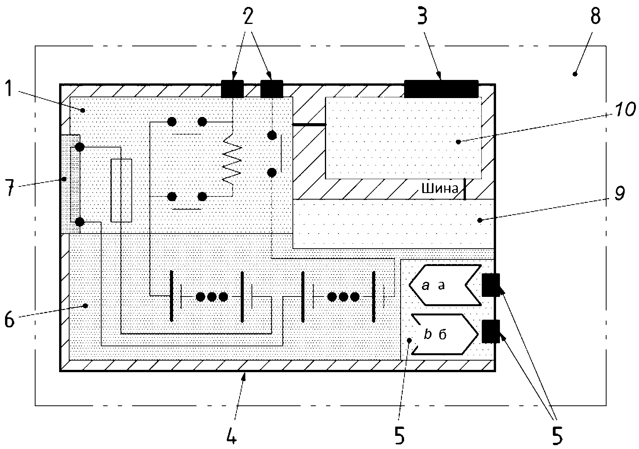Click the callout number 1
click(x=9, y=88)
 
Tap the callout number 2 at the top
click(x=248, y=16)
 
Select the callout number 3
click(x=423, y=16)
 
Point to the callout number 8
click(x=595, y=16)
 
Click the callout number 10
click(x=624, y=109)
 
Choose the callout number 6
click(x=9, y=319)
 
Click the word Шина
click(x=440, y=188)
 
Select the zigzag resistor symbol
click(x=232, y=160)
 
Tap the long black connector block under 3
click(x=441, y=89)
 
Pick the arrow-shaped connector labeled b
click(x=444, y=334)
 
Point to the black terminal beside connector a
click(x=491, y=285)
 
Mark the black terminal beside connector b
click(x=491, y=331)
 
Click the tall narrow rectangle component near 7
click(x=121, y=190)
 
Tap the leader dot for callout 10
click(x=458, y=142)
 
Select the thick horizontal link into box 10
click(x=309, y=125)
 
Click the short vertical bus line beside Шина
click(x=464, y=189)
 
